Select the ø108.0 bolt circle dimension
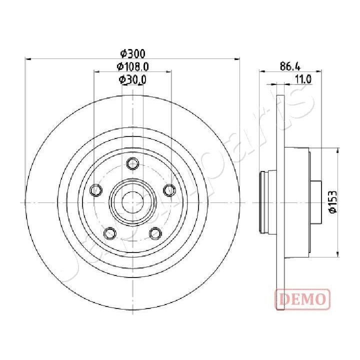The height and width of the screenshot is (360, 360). click(132, 66)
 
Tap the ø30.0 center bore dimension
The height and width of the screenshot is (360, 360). click(132, 79)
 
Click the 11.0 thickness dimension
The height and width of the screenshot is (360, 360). click(303, 78)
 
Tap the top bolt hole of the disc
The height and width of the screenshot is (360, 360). click(132, 163)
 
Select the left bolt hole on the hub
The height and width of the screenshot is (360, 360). click(95, 190)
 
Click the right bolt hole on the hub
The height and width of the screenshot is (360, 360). click(169, 190)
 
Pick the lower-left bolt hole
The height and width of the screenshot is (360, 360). click(109, 233)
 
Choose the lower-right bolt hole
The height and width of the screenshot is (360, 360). click(155, 233)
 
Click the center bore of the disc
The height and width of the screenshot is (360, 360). click(132, 201)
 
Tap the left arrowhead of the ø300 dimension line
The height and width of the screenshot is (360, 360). click(27, 59)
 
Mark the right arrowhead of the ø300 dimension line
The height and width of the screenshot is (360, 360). click(237, 59)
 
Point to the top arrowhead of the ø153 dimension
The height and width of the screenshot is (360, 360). click(339, 149)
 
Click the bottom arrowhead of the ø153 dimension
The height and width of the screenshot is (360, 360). click(339, 254)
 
